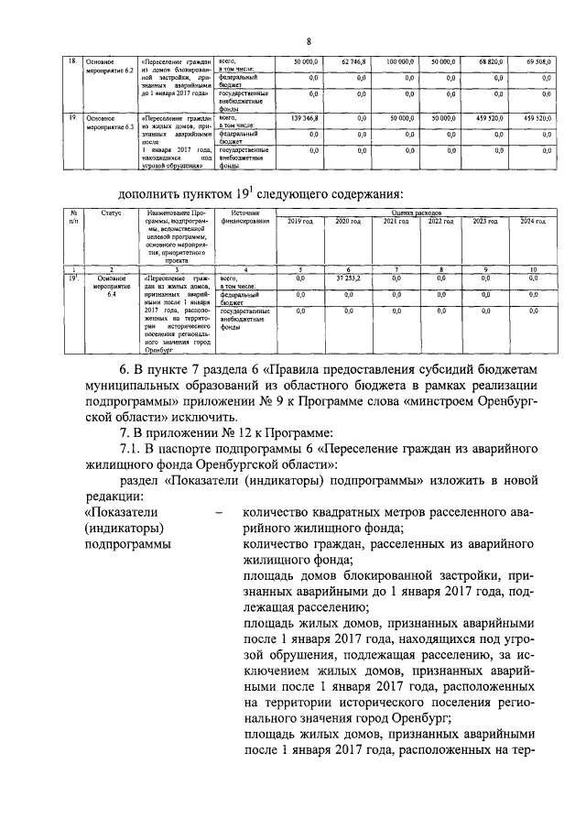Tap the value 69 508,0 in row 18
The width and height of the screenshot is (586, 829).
(x=537, y=60)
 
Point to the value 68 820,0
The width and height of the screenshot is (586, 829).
(x=492, y=60)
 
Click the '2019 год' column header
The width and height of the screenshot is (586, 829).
(x=300, y=222)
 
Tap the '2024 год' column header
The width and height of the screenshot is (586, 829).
(x=534, y=222)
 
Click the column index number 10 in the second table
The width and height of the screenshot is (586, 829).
(x=534, y=269)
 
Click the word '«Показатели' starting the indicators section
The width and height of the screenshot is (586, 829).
(x=114, y=513)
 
